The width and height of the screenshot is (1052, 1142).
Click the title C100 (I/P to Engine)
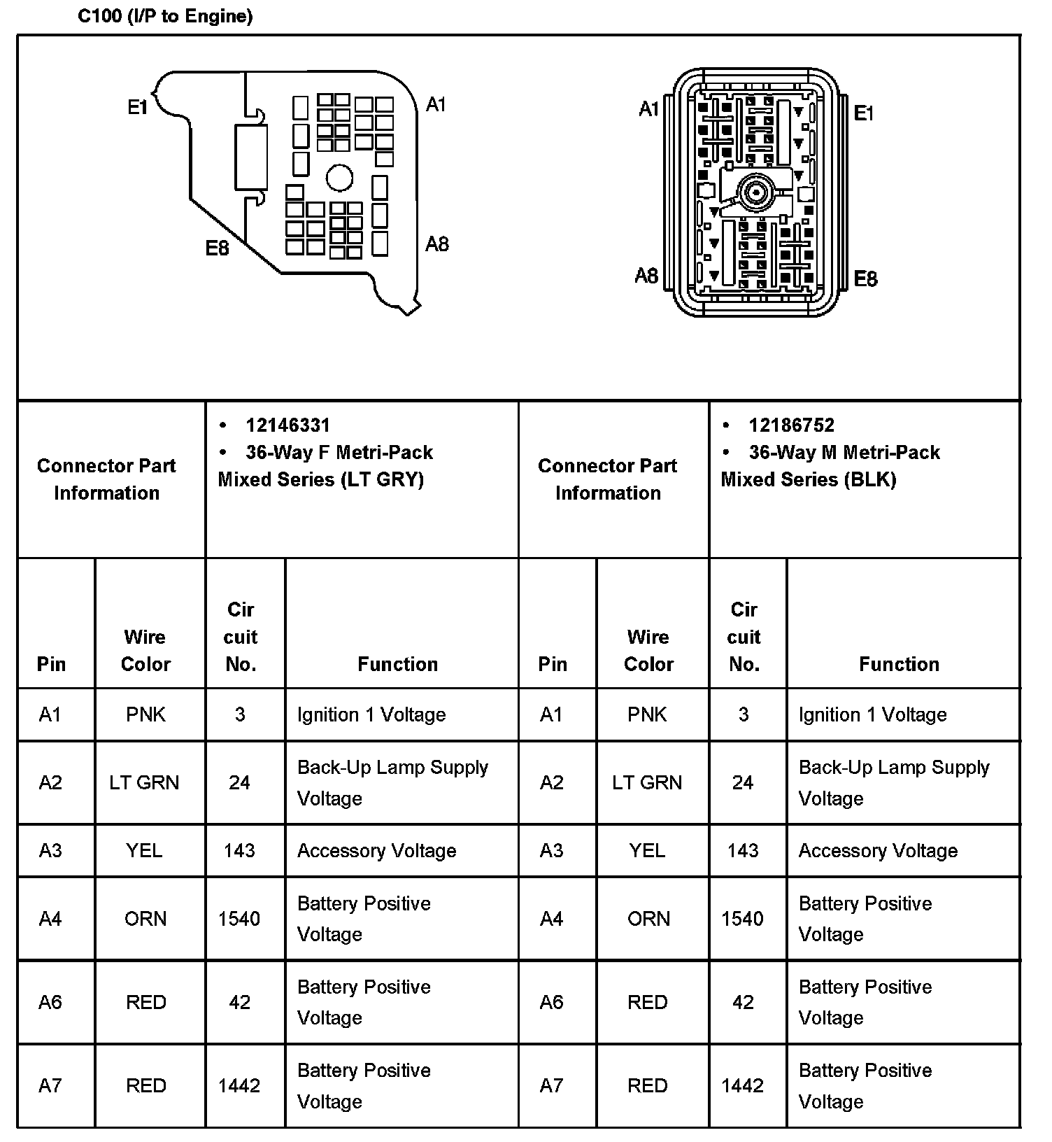tap(165, 16)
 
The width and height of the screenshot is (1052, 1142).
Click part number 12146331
tap(287, 425)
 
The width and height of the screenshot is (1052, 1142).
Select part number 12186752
tap(791, 425)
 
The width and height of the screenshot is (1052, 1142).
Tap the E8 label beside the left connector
tap(217, 248)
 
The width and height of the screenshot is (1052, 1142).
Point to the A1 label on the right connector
tap(649, 109)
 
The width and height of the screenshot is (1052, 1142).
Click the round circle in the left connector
tap(340, 177)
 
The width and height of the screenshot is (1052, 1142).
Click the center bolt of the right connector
tap(755, 191)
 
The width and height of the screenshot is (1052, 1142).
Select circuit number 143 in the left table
tap(239, 850)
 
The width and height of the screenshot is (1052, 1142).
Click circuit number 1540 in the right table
tap(742, 918)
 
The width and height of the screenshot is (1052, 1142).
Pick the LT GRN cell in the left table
tap(144, 782)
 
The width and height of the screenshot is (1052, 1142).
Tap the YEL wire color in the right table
tap(647, 850)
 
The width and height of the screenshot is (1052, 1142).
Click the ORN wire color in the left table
tap(145, 918)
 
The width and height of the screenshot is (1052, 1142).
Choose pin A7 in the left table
tap(50, 1085)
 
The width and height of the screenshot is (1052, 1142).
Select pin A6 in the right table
tap(552, 1002)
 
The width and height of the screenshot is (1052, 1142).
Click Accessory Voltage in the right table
tap(878, 850)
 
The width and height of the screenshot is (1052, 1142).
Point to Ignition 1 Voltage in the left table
tap(371, 714)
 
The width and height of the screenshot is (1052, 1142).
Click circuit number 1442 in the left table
tap(239, 1085)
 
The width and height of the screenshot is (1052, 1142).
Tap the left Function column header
tap(397, 663)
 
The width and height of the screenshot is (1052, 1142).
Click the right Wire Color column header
tap(648, 650)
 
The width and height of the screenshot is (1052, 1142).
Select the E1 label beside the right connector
tap(864, 113)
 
